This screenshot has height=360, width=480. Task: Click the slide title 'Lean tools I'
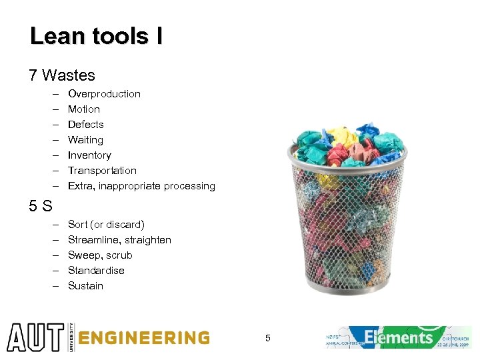(x=96, y=36)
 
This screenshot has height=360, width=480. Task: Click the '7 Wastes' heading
(x=62, y=75)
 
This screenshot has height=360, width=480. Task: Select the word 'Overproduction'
(x=104, y=94)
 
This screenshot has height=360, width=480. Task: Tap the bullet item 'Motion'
(x=84, y=109)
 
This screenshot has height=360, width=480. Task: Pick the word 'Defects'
(x=86, y=125)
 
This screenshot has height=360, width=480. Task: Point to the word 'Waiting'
(x=85, y=140)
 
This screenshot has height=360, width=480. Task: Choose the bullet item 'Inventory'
(x=89, y=155)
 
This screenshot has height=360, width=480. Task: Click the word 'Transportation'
(x=102, y=171)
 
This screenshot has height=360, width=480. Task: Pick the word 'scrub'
(x=119, y=255)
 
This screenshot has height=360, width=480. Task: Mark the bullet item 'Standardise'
(x=96, y=271)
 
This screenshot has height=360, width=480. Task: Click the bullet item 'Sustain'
(x=85, y=286)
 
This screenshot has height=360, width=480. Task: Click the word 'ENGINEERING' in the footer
(x=144, y=338)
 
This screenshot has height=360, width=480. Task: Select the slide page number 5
(x=267, y=339)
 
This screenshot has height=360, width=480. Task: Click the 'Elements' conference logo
(x=399, y=337)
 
